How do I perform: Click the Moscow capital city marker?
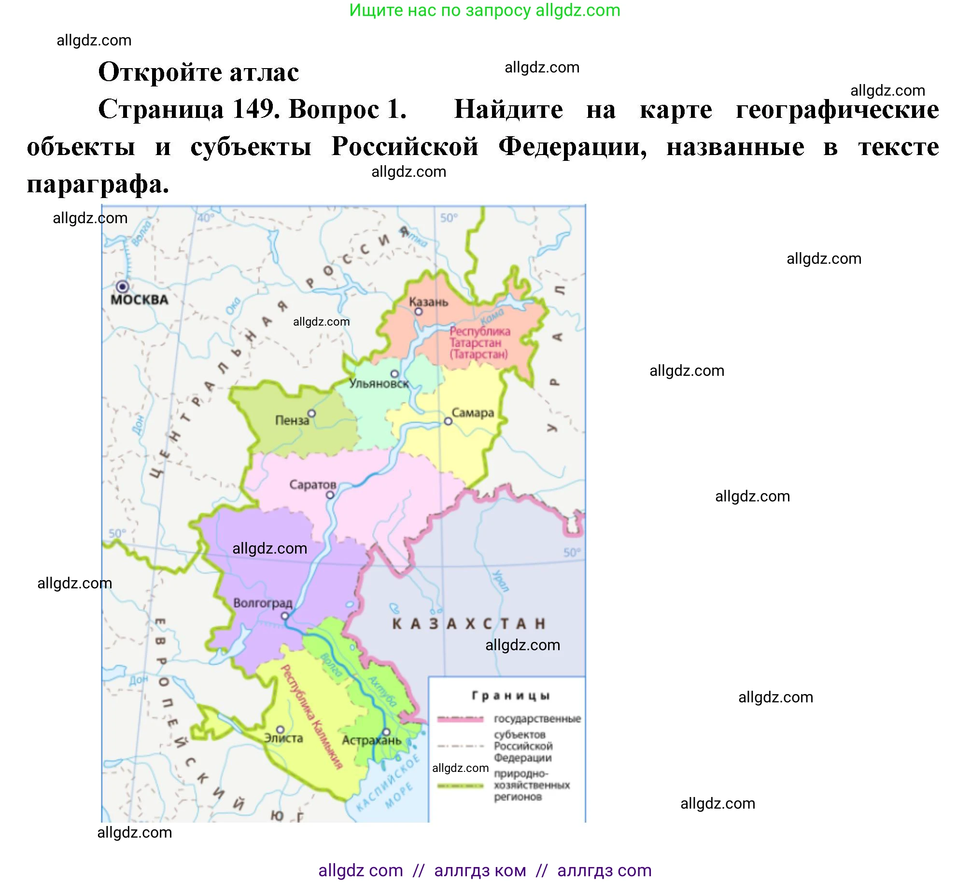[x=123, y=286]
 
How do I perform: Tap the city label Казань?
[x=428, y=302]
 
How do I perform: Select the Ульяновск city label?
[x=379, y=384]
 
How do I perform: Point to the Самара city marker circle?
[x=448, y=421]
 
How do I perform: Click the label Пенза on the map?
[x=292, y=420]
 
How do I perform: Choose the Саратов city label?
[x=312, y=484]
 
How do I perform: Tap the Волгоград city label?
[x=263, y=603]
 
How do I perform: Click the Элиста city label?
[x=283, y=738]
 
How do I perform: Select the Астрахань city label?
[x=371, y=741]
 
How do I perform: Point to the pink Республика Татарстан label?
[x=479, y=342]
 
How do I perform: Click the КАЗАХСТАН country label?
[x=468, y=624]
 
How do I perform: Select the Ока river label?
[x=233, y=306]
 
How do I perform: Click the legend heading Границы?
[x=510, y=696]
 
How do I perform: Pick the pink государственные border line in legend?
[x=460, y=719]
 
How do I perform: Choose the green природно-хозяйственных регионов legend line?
[x=460, y=786]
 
